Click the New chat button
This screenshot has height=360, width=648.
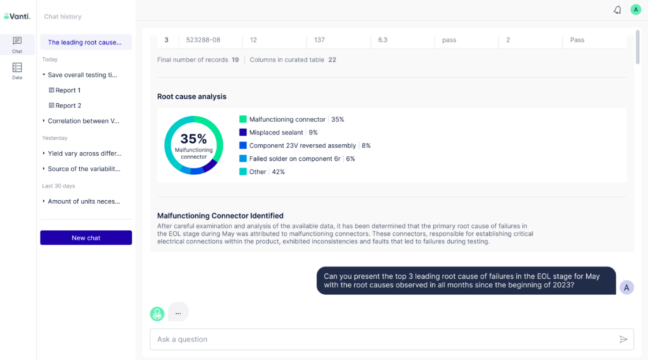86,238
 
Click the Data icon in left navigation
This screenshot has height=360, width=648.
17,71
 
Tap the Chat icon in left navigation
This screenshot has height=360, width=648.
17,44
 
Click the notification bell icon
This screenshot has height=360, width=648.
617,10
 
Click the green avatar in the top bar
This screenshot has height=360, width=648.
635,10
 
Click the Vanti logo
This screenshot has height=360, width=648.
17,17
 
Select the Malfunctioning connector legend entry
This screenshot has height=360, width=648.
287,119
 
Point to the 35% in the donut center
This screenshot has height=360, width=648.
193,139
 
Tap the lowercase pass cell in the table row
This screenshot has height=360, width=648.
449,40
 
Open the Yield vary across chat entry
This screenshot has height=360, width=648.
84,153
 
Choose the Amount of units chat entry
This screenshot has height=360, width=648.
84,201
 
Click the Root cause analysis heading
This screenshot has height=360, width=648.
192,96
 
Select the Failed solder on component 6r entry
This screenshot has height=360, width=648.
295,159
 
